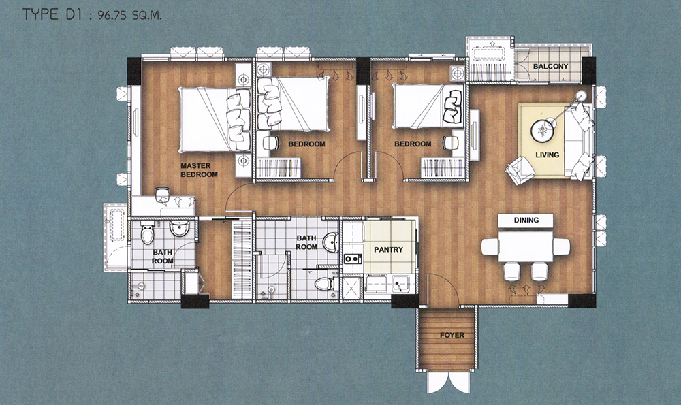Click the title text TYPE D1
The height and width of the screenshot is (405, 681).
(x=46, y=14)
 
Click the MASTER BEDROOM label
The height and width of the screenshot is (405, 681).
(x=199, y=169)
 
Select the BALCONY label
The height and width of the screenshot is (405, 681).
(x=550, y=67)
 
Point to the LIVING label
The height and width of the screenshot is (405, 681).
(x=548, y=155)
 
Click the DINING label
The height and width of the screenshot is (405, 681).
(x=526, y=220)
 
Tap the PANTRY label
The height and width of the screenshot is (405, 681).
(x=388, y=250)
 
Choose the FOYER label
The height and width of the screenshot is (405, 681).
(x=452, y=335)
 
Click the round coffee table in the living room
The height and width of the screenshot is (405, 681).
(x=542, y=130)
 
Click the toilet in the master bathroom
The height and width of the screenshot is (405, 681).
(x=148, y=234)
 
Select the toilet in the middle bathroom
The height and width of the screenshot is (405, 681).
(x=323, y=285)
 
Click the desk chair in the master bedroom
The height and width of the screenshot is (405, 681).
(x=163, y=193)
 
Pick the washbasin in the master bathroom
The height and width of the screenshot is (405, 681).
(x=178, y=228)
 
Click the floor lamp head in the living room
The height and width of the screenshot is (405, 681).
(x=581, y=96)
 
